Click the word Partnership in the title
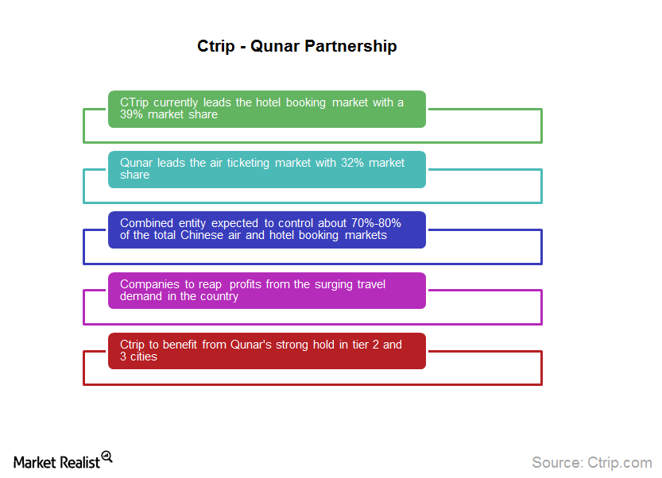pyautogui.click(x=350, y=46)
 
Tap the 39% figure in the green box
pyautogui.click(x=131, y=114)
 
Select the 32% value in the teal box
pyautogui.click(x=352, y=163)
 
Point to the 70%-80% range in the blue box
pyautogui.click(x=376, y=223)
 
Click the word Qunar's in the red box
pyautogui.click(x=251, y=345)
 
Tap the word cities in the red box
pyautogui.click(x=144, y=357)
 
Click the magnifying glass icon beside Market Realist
pyautogui.click(x=106, y=457)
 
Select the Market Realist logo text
pyautogui.click(x=56, y=462)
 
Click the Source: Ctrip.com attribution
pyautogui.click(x=592, y=462)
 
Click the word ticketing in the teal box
pyautogui.click(x=248, y=164)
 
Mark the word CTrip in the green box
pyautogui.click(x=134, y=103)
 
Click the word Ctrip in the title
pyautogui.click(x=215, y=46)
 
